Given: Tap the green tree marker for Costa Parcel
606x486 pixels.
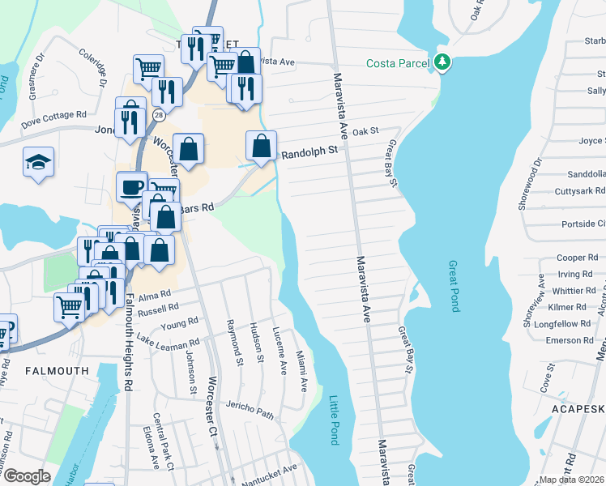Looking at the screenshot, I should pos(442,62).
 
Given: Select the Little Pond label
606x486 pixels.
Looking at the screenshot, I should pos(334,420).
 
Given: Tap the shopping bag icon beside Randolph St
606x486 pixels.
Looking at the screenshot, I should pos(261,147).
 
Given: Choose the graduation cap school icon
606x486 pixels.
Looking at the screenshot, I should pos(38,161).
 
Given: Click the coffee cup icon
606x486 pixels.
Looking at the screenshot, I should pos(131,187).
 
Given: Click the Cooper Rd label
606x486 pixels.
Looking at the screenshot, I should pos(577,258).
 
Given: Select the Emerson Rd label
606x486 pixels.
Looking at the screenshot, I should pos(569,340).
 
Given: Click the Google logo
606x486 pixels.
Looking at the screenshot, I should pos(27,475).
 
